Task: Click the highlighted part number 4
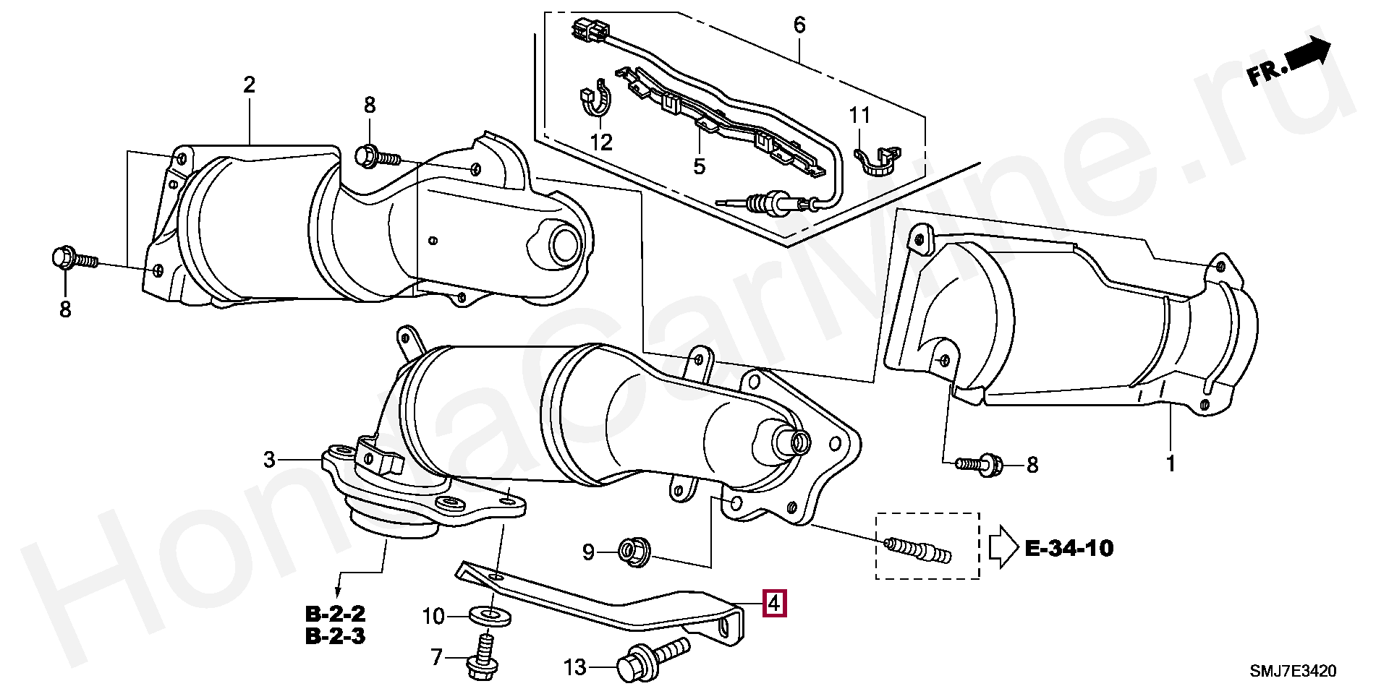774,603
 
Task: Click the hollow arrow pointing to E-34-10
1004,549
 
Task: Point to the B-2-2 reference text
335,614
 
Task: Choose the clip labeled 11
876,163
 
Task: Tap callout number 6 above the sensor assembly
799,25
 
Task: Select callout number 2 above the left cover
250,85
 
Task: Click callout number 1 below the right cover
1171,463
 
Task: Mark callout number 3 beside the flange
269,459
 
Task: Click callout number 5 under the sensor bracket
699,166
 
